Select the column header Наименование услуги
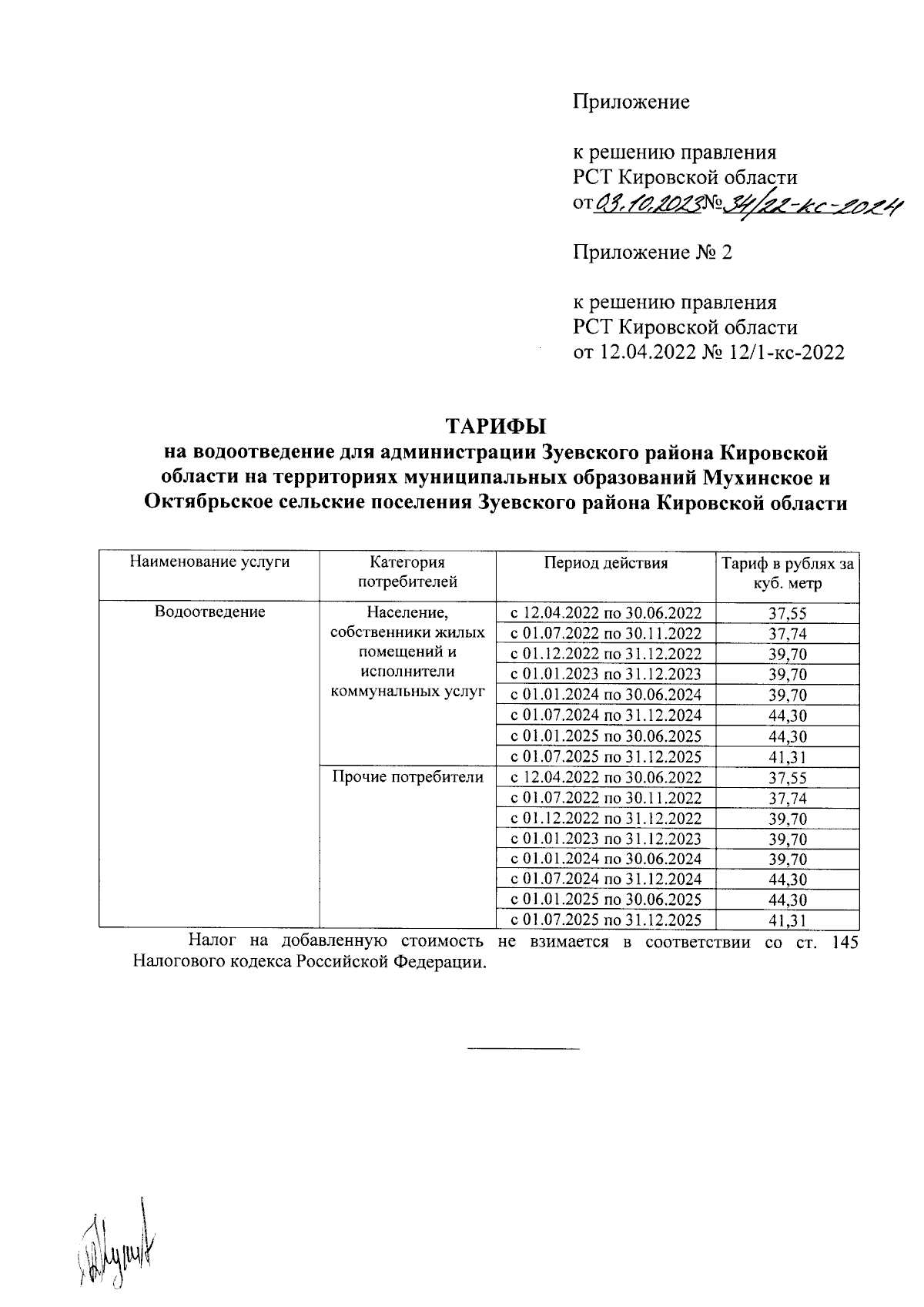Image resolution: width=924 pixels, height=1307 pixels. pos(209,562)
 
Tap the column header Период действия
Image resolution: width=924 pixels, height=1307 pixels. pos(606,562)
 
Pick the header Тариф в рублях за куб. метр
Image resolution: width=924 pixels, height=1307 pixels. pos(787,573)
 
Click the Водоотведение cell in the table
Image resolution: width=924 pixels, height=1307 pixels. pos(209,612)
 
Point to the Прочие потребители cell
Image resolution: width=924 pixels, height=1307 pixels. pos(407,776)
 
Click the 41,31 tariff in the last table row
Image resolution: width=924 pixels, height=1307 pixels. pos(787,920)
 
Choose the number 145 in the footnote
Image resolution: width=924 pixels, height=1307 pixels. pos(845,942)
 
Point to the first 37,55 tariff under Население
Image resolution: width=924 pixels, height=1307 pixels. pos(787,613)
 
